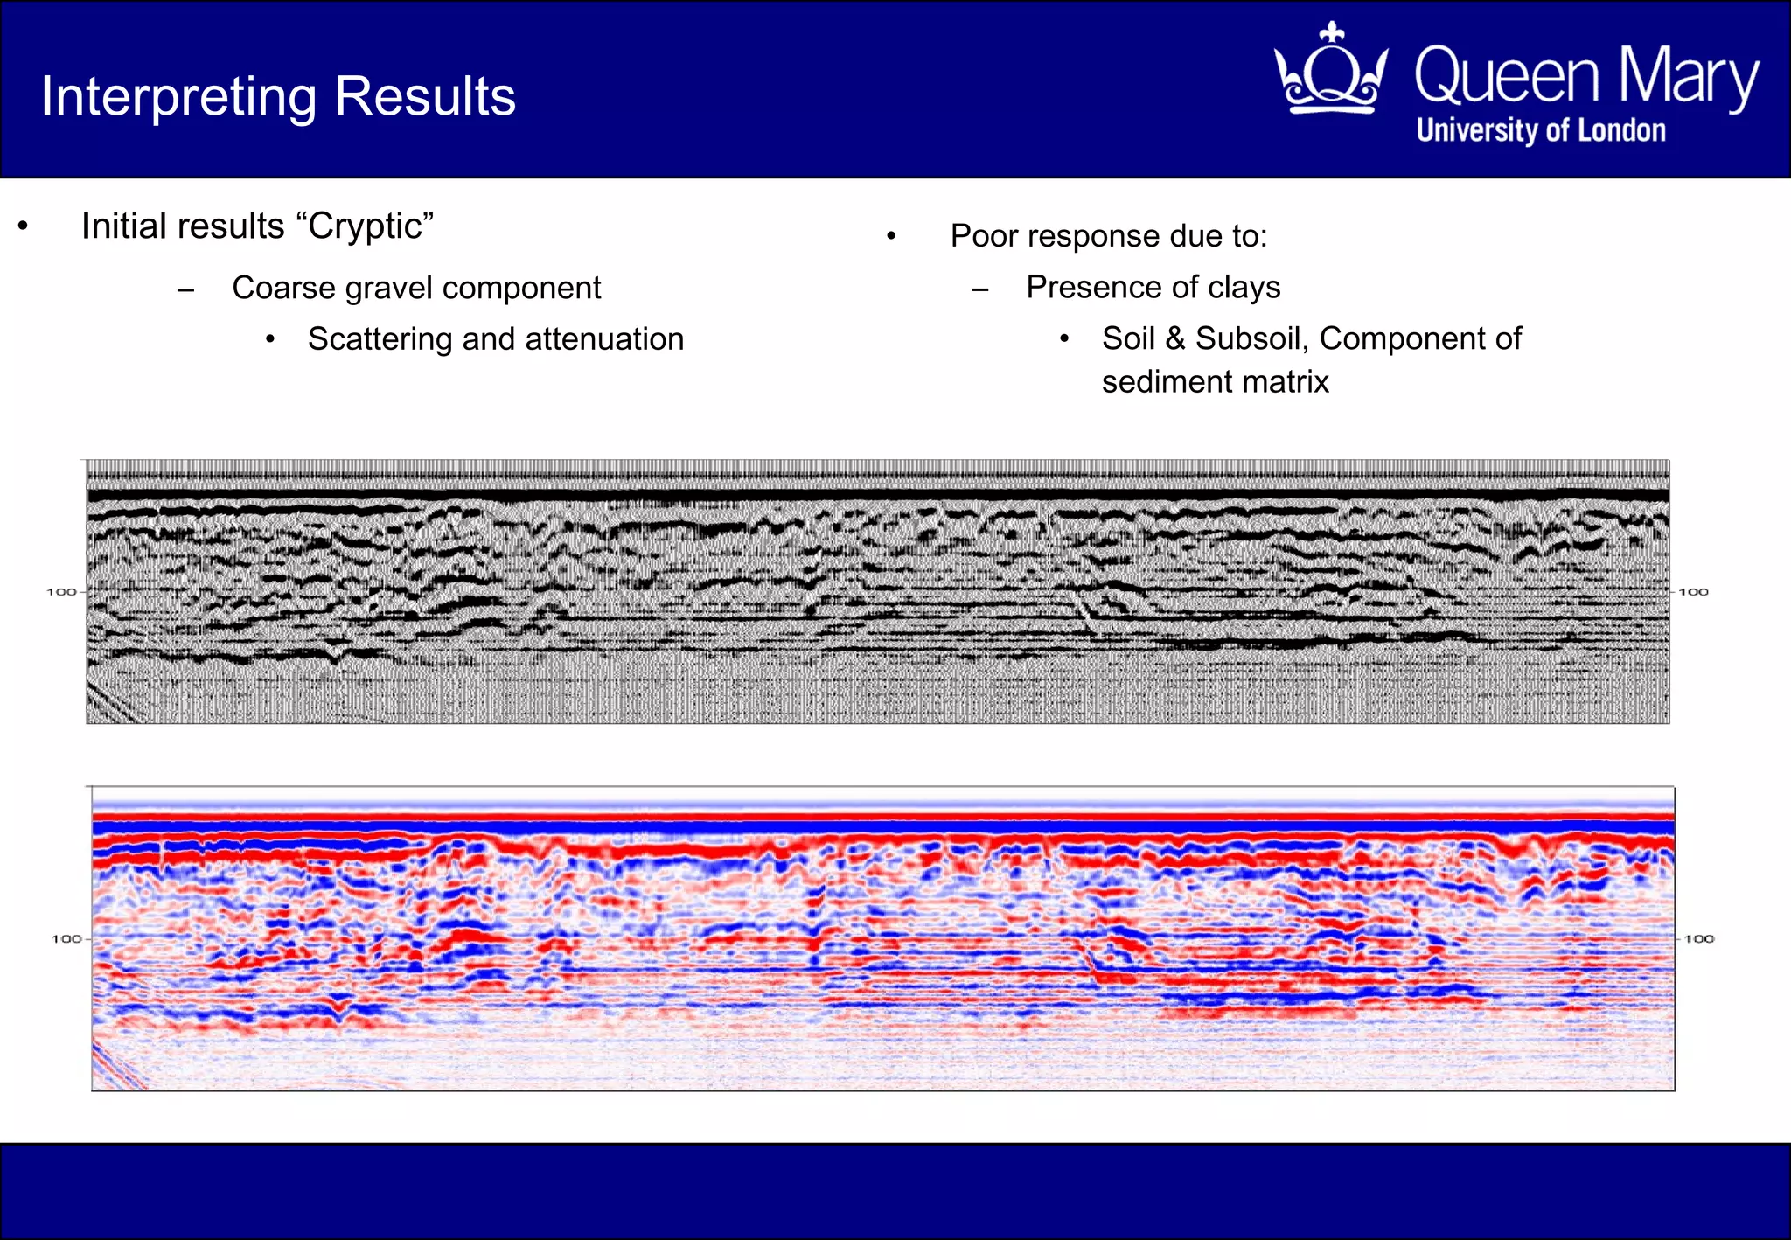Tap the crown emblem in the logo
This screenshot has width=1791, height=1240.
[1331, 70]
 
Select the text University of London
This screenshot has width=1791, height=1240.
[1541, 130]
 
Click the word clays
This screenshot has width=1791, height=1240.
[1244, 288]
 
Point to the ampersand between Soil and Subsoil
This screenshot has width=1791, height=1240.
[1175, 338]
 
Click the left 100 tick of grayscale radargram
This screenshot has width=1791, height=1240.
[62, 592]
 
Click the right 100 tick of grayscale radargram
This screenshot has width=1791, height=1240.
[1693, 592]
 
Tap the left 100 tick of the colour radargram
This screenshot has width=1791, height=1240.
[66, 938]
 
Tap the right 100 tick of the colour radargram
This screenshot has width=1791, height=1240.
[1699, 938]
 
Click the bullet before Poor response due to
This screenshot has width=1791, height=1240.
[891, 236]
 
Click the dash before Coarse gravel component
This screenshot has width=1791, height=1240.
[185, 289]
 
